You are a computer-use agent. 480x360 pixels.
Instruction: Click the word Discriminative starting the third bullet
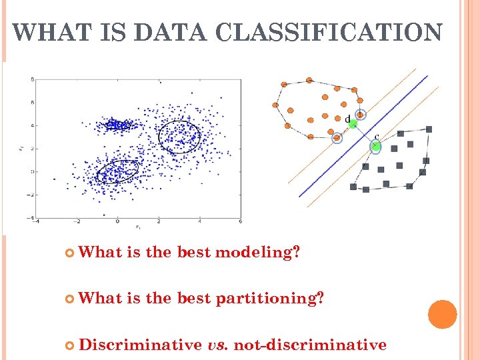140,344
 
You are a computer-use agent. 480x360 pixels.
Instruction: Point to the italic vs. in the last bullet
219,345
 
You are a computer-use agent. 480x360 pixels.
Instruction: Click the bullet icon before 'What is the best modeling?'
70,253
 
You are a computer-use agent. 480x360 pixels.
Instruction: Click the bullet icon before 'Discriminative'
70,345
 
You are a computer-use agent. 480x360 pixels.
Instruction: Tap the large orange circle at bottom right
442,314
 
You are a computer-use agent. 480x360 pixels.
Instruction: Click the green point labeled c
375,145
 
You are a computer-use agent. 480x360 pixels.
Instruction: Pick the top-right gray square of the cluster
429,129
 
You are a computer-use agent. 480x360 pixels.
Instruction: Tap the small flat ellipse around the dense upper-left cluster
118,124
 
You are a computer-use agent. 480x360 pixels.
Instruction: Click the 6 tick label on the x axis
240,221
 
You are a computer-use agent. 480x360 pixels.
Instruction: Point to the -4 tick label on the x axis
36,221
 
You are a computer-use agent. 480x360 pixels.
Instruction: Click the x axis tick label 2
159,221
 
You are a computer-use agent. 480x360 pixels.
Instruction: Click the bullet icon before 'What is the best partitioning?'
70,299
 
